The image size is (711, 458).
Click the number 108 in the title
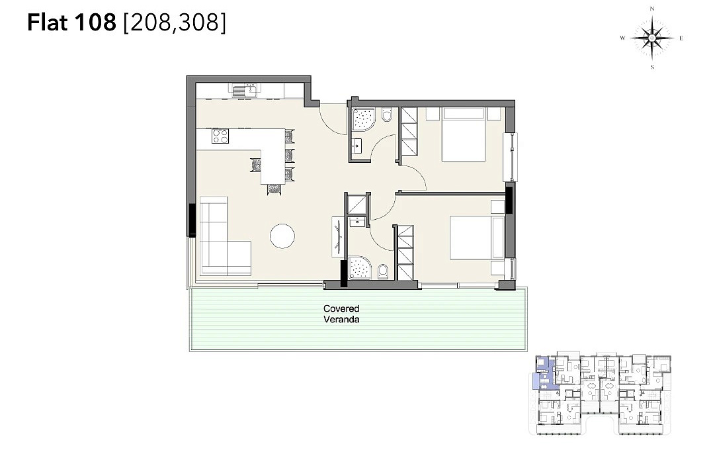click(x=96, y=23)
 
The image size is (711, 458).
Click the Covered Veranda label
click(x=341, y=314)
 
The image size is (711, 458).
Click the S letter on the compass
click(x=653, y=68)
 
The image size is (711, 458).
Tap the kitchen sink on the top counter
click(x=245, y=90)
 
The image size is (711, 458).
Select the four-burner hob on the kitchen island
click(x=220, y=136)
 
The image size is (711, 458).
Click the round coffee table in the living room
click(x=282, y=236)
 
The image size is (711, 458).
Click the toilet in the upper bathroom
click(x=387, y=114)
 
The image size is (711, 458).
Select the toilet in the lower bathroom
click(x=383, y=271)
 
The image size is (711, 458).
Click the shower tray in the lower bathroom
click(x=360, y=268)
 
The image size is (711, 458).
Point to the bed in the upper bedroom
click(x=464, y=134)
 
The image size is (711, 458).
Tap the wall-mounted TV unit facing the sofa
click(x=338, y=238)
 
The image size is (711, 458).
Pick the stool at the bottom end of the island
click(x=274, y=189)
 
